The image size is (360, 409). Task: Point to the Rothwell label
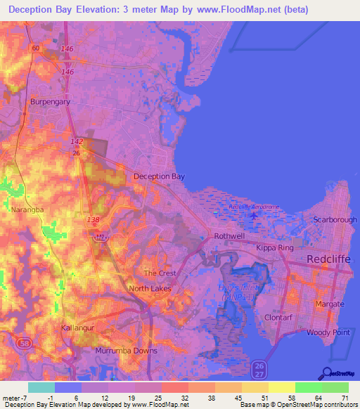[229, 237]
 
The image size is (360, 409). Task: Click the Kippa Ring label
[273, 249]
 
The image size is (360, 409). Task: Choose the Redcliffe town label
[330, 259]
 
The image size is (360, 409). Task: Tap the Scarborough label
[335, 219]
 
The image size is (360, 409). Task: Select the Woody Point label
[325, 331]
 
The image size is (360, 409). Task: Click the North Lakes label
[150, 288]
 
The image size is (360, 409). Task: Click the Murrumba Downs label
[127, 350]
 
